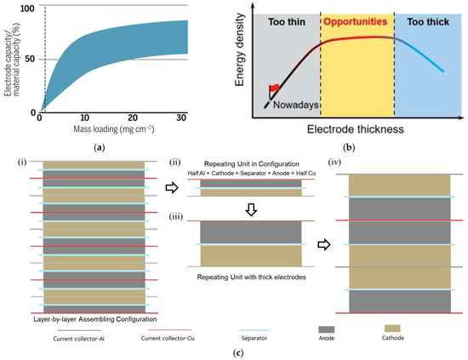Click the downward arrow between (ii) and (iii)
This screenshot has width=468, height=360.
pos(249,207)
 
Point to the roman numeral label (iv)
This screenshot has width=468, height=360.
pos(349,159)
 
